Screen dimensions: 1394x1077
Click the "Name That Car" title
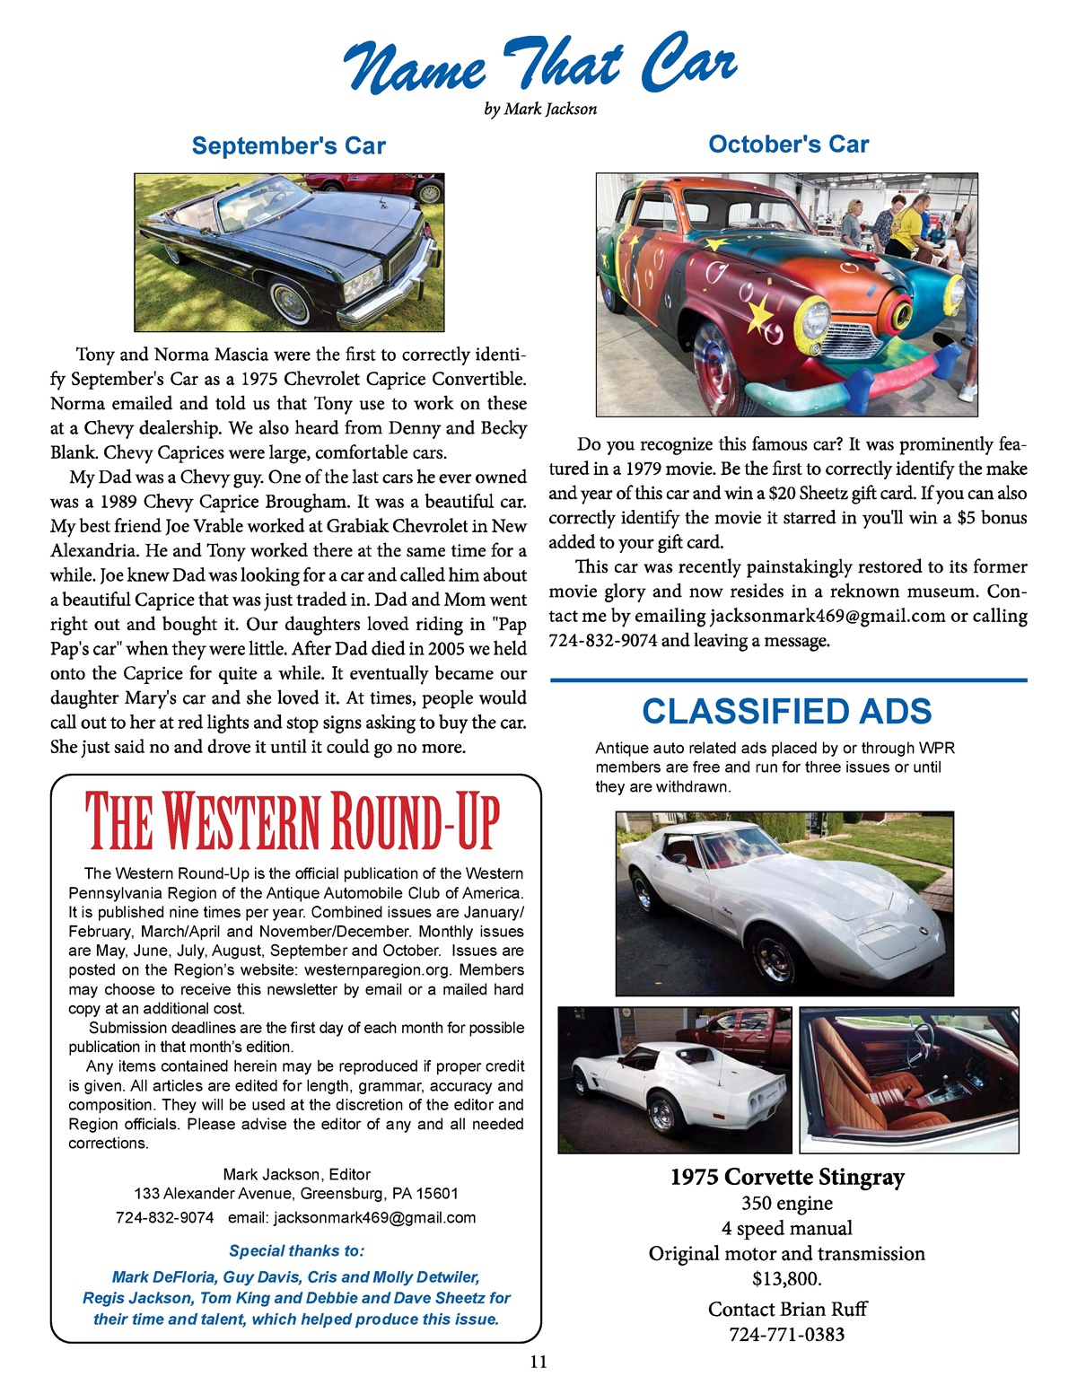pyautogui.click(x=539, y=65)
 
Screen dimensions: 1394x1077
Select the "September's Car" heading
pyautogui.click(x=288, y=145)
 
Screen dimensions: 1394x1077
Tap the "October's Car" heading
pyautogui.click(x=788, y=144)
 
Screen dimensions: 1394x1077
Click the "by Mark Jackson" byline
pyautogui.click(x=540, y=110)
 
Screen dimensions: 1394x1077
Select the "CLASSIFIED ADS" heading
pyautogui.click(x=787, y=711)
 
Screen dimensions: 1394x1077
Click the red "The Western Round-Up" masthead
pyautogui.click(x=293, y=821)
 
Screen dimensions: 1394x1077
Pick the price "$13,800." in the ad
pyautogui.click(x=787, y=1277)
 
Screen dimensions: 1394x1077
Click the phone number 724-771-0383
pyautogui.click(x=787, y=1334)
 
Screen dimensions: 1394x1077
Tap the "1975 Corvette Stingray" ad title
pyautogui.click(x=787, y=1177)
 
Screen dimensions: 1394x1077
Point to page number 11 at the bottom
pyautogui.click(x=538, y=1362)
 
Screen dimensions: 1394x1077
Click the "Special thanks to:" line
pyautogui.click(x=296, y=1250)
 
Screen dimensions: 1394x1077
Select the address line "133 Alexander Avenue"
pyautogui.click(x=296, y=1194)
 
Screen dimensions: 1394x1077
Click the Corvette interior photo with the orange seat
pyautogui.click(x=909, y=1080)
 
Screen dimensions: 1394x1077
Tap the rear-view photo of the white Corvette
pyautogui.click(x=675, y=1080)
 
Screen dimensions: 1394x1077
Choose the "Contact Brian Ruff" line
pyautogui.click(x=787, y=1309)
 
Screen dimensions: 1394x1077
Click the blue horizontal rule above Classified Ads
pyautogui.click(x=788, y=680)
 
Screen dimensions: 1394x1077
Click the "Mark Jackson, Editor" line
pyautogui.click(x=296, y=1174)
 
